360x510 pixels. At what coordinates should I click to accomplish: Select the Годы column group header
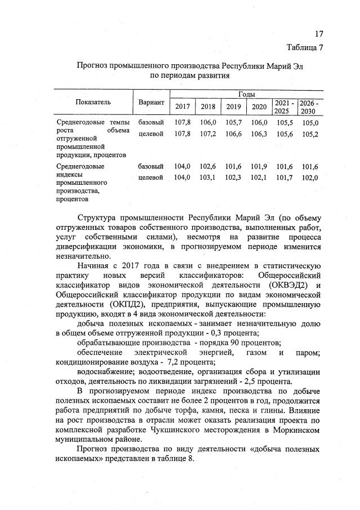click(x=246, y=94)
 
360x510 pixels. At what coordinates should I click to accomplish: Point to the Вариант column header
click(x=150, y=103)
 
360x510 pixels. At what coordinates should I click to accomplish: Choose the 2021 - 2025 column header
click(x=283, y=107)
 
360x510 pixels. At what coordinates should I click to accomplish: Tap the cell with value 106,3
click(x=259, y=134)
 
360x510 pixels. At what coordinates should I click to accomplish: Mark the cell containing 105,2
click(x=310, y=134)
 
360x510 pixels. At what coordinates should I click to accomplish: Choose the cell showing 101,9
click(x=259, y=167)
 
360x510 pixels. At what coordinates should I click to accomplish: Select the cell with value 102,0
click(x=310, y=178)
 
